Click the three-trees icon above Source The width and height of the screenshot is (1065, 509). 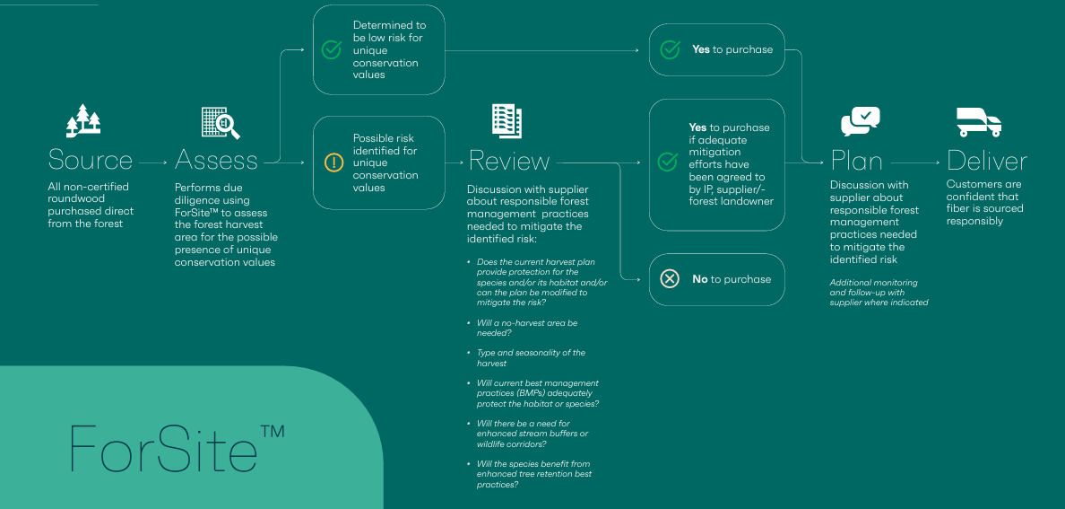tap(82, 120)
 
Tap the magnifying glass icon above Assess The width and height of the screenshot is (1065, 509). tap(221, 123)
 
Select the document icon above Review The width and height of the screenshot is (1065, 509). tap(507, 121)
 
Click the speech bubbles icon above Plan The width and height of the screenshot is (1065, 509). tap(861, 122)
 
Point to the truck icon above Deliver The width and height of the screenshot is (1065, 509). tap(979, 122)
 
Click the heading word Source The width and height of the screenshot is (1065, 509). tap(91, 161)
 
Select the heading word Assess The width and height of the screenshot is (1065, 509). tap(216, 161)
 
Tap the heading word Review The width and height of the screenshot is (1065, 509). tap(508, 162)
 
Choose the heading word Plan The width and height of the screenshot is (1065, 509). tap(856, 162)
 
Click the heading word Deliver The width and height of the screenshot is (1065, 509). tap(987, 162)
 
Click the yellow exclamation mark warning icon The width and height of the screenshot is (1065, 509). tap(334, 162)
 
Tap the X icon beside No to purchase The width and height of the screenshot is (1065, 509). tap(670, 279)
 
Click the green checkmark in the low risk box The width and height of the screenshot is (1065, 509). tap(331, 49)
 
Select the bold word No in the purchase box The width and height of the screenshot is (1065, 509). tap(699, 279)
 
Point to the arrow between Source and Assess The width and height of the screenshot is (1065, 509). tap(152, 163)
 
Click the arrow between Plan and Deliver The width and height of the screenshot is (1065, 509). tap(915, 163)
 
